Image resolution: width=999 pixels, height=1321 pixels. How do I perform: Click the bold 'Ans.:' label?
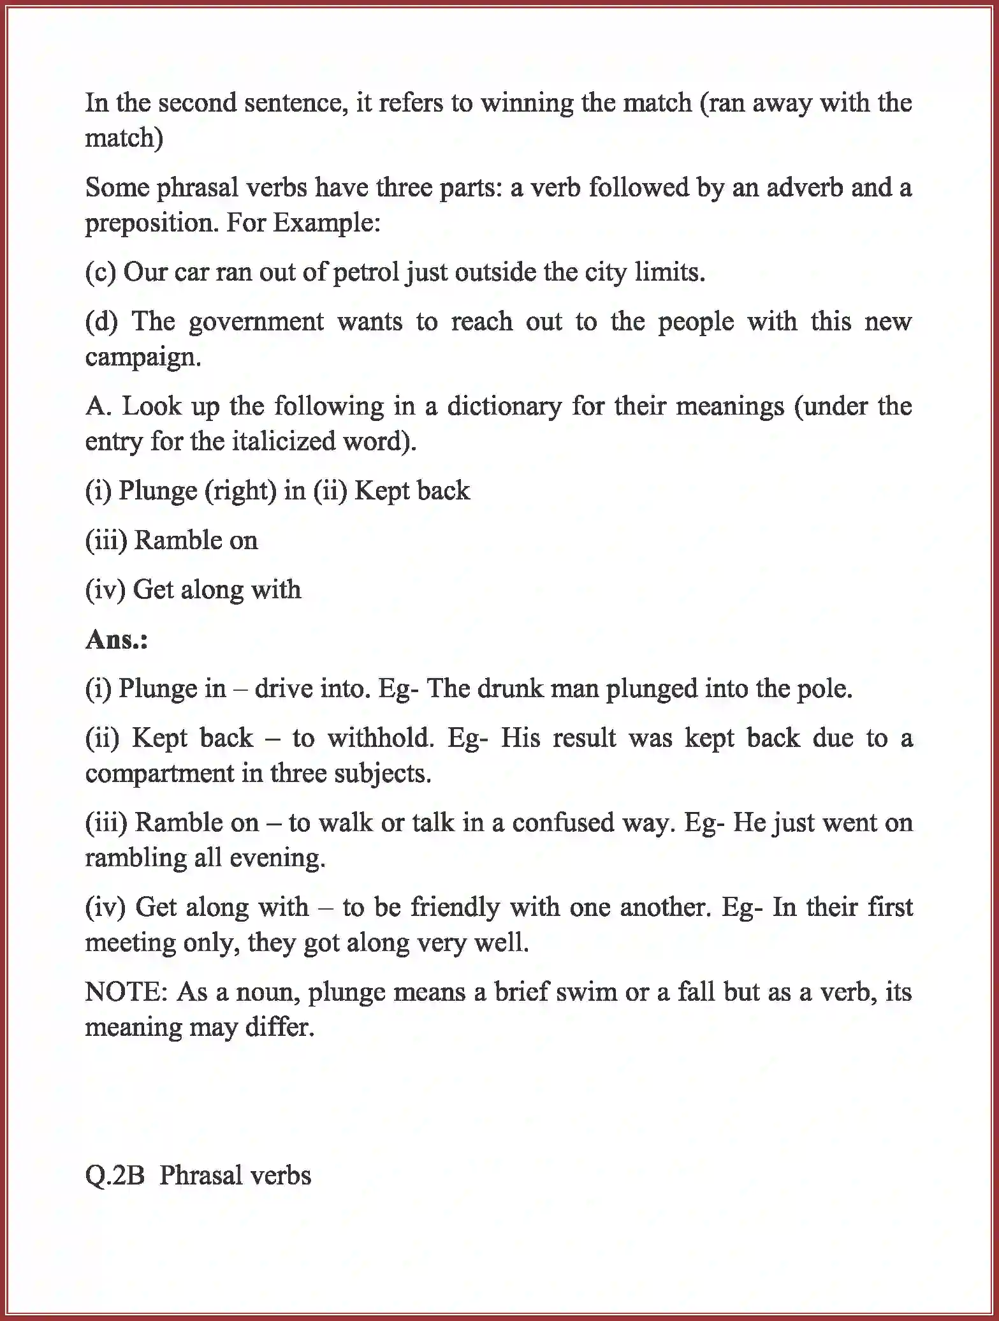coord(117,639)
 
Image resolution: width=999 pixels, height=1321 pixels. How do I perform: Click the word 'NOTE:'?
coord(126,992)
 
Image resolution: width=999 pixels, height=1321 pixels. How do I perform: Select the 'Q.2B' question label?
coord(115,1176)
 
